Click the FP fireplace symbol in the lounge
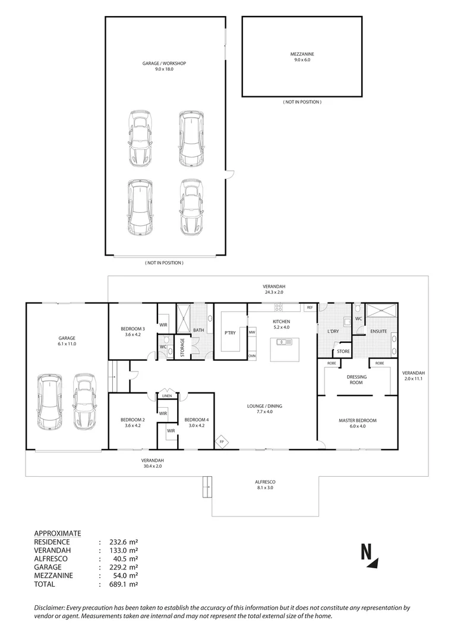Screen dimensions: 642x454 (x=222, y=442)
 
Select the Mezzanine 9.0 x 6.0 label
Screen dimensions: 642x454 (x=302, y=57)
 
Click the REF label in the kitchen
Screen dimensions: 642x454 (x=309, y=308)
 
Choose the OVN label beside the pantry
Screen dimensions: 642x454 (x=252, y=356)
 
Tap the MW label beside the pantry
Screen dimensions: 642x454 (x=252, y=332)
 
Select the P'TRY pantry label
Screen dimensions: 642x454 (x=230, y=333)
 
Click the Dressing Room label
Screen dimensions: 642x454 (x=357, y=379)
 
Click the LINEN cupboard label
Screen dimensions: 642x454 (x=167, y=396)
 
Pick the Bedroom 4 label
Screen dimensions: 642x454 (x=196, y=423)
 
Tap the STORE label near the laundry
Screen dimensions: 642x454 (x=343, y=352)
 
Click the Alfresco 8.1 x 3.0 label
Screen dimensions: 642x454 (x=266, y=484)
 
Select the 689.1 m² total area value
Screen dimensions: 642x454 (x=124, y=584)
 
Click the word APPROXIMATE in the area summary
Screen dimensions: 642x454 (x=58, y=533)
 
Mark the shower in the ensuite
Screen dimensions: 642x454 (x=381, y=311)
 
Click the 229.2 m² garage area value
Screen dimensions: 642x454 (x=124, y=567)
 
